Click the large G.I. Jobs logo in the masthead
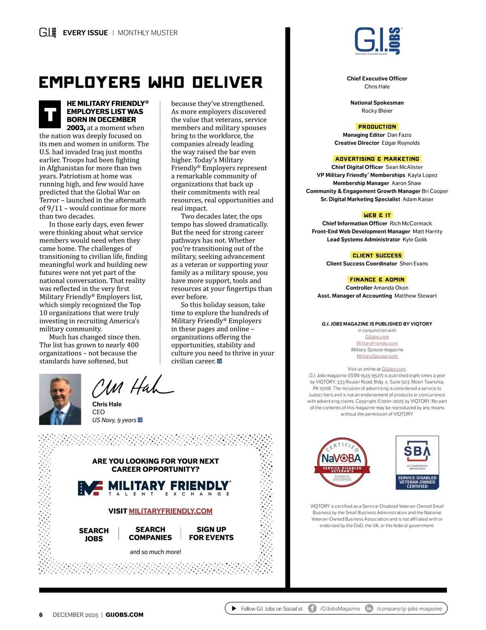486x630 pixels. (x=378, y=41)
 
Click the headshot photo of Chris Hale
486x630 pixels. (x=60, y=399)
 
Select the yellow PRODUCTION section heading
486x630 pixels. (x=377, y=127)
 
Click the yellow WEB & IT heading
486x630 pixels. (x=377, y=215)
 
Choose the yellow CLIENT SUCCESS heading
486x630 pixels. (x=377, y=255)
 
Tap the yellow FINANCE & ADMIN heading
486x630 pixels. (x=377, y=279)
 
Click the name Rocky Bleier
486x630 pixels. (x=377, y=111)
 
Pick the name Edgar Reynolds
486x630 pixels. (x=401, y=143)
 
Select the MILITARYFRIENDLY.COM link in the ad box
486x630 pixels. (x=171, y=511)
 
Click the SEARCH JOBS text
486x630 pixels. (x=94, y=534)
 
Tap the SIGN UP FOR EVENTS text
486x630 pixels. (x=211, y=533)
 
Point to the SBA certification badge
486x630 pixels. (x=417, y=462)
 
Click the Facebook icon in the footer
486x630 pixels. (x=312, y=608)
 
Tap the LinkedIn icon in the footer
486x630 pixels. (x=369, y=608)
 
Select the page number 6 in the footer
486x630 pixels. (x=41, y=615)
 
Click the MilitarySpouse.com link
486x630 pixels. (x=377, y=356)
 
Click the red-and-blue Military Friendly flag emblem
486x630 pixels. (x=90, y=488)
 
